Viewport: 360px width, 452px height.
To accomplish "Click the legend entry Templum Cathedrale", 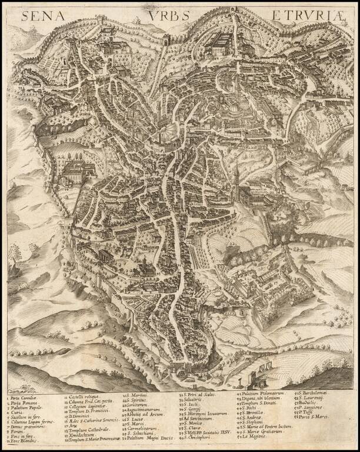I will (88, 431).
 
